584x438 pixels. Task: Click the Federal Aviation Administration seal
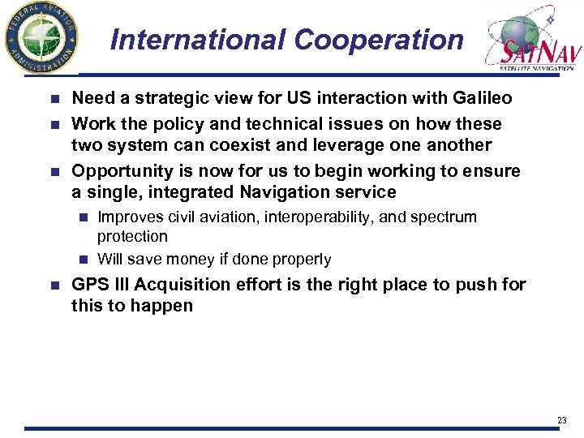pos(41,37)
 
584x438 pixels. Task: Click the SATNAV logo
pos(530,40)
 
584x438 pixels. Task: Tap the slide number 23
pos(562,419)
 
